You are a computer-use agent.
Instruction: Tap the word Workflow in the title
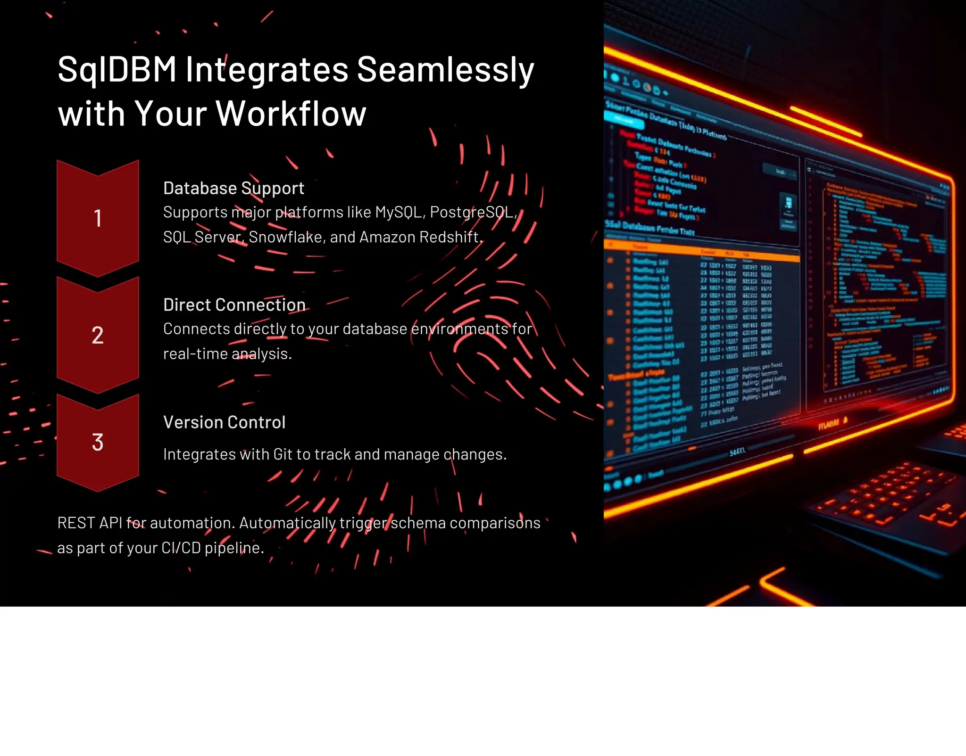click(x=291, y=114)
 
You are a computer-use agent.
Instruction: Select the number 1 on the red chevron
click(x=98, y=218)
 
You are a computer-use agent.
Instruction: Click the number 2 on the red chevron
click(x=98, y=336)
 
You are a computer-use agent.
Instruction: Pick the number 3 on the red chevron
click(x=98, y=442)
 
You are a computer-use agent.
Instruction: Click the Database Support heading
click(x=233, y=188)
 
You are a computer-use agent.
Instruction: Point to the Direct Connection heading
click(x=234, y=305)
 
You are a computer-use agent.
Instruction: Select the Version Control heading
click(x=224, y=422)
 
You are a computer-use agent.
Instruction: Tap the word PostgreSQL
click(x=472, y=213)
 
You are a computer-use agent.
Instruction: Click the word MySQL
click(x=399, y=213)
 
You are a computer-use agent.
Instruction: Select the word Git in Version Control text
click(x=283, y=454)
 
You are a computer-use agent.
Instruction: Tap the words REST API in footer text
click(x=90, y=523)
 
